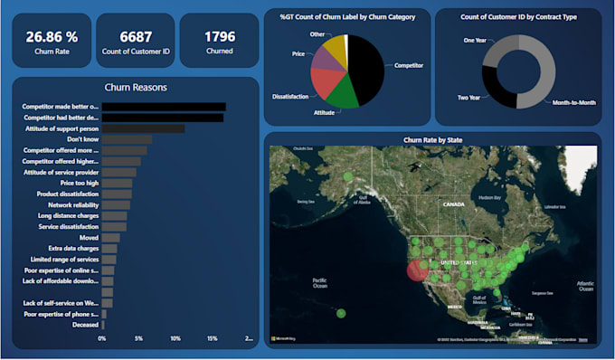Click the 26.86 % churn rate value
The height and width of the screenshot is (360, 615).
click(52, 37)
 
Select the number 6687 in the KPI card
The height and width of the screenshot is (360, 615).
click(136, 37)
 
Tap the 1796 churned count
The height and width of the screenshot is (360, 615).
click(219, 37)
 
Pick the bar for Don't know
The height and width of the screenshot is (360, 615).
click(127, 139)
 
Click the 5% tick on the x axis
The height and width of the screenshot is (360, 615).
click(138, 339)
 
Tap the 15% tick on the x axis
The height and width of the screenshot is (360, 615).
click(212, 339)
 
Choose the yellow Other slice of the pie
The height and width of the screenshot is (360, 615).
click(334, 46)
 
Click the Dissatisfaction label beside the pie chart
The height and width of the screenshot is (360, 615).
click(293, 95)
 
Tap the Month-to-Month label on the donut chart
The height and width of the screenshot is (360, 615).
click(573, 103)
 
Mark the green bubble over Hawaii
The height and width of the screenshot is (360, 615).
click(341, 313)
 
